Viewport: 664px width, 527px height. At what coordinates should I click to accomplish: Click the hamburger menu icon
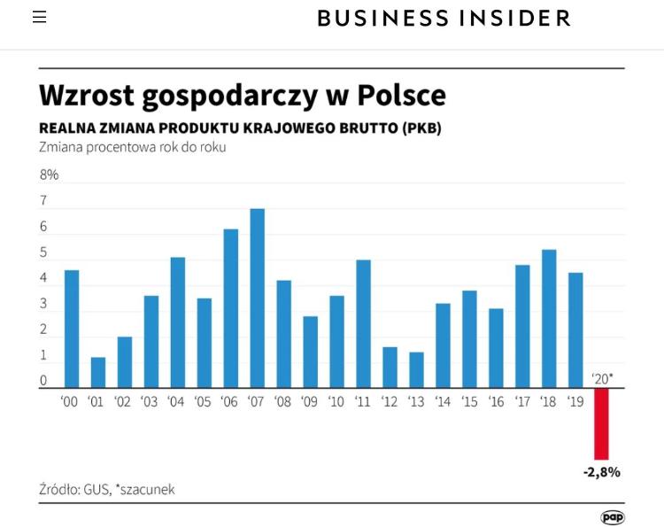[x=40, y=18]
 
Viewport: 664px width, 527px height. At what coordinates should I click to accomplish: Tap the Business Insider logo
[x=444, y=18]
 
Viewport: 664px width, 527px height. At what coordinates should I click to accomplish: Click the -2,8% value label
[x=602, y=472]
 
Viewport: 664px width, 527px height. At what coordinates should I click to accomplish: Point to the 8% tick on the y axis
[x=50, y=175]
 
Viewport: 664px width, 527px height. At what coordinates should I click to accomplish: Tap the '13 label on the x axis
[x=416, y=402]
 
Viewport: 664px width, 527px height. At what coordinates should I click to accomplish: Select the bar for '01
[x=98, y=372]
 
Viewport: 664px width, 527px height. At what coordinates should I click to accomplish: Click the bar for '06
[x=231, y=308]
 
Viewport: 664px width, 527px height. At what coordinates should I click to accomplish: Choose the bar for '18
[x=549, y=318]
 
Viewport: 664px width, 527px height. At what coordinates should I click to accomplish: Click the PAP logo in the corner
[x=613, y=517]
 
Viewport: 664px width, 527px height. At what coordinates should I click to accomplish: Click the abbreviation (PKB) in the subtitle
[x=421, y=128]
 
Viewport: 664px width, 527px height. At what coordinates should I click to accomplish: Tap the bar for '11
[x=363, y=323]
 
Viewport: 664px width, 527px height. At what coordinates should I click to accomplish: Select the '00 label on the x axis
[x=70, y=402]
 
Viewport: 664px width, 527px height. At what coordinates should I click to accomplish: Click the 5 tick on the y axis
[x=43, y=253]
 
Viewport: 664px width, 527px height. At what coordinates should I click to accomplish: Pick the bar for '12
[x=390, y=367]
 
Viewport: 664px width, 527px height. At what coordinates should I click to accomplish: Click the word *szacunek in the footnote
[x=144, y=489]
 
